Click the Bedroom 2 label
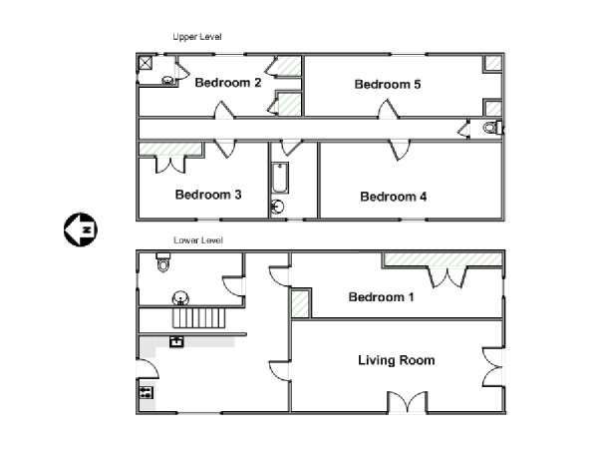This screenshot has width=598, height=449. click(x=227, y=83)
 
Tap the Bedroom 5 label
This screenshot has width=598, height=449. click(x=388, y=84)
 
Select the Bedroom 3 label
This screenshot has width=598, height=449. click(x=208, y=195)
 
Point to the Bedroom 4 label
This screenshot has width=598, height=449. click(x=394, y=197)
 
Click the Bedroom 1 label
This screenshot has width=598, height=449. click(x=381, y=296)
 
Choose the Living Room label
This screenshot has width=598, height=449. click(x=397, y=360)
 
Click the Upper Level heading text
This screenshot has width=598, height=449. click(x=196, y=37)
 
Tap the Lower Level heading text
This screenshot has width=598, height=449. click(x=198, y=240)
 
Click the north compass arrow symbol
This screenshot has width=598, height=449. click(x=81, y=229)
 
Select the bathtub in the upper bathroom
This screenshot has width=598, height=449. click(x=280, y=178)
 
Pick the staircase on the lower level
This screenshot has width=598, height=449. click(x=198, y=318)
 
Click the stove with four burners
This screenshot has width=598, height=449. click(x=147, y=392)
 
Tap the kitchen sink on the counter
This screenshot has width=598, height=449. click(x=176, y=341)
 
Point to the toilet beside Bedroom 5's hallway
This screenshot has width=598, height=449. click(x=492, y=128)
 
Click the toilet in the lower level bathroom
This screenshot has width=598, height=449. click(x=163, y=261)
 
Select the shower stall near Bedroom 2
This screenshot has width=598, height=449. click(x=145, y=63)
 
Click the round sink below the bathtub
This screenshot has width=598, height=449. click(x=278, y=207)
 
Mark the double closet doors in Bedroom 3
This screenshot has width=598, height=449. click(x=170, y=164)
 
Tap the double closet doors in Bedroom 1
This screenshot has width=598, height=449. click(x=448, y=277)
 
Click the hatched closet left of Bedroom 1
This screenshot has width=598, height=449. click(x=301, y=303)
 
